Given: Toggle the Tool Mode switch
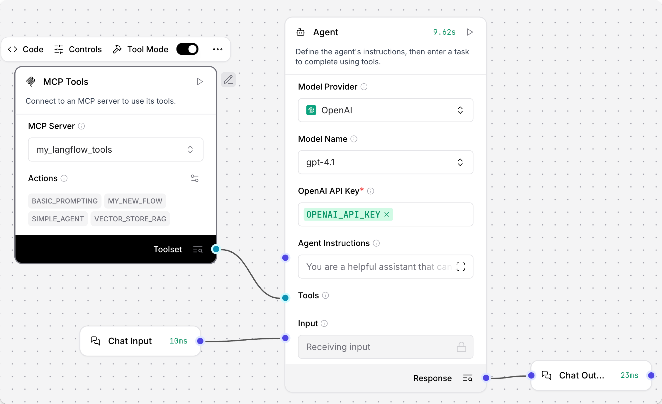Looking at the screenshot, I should click(187, 49).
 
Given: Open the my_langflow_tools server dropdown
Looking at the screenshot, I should click(116, 149).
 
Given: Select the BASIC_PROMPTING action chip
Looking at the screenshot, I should click(65, 201).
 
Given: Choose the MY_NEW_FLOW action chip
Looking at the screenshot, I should click(135, 201).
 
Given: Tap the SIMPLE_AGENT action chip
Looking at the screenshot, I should click(58, 219).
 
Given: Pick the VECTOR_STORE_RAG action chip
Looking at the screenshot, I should click(130, 219).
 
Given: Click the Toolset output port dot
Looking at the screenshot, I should click(216, 249).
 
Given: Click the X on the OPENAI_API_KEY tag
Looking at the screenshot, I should click(387, 214).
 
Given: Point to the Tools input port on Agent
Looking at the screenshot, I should click(285, 298).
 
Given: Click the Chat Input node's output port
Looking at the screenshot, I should click(200, 341).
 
